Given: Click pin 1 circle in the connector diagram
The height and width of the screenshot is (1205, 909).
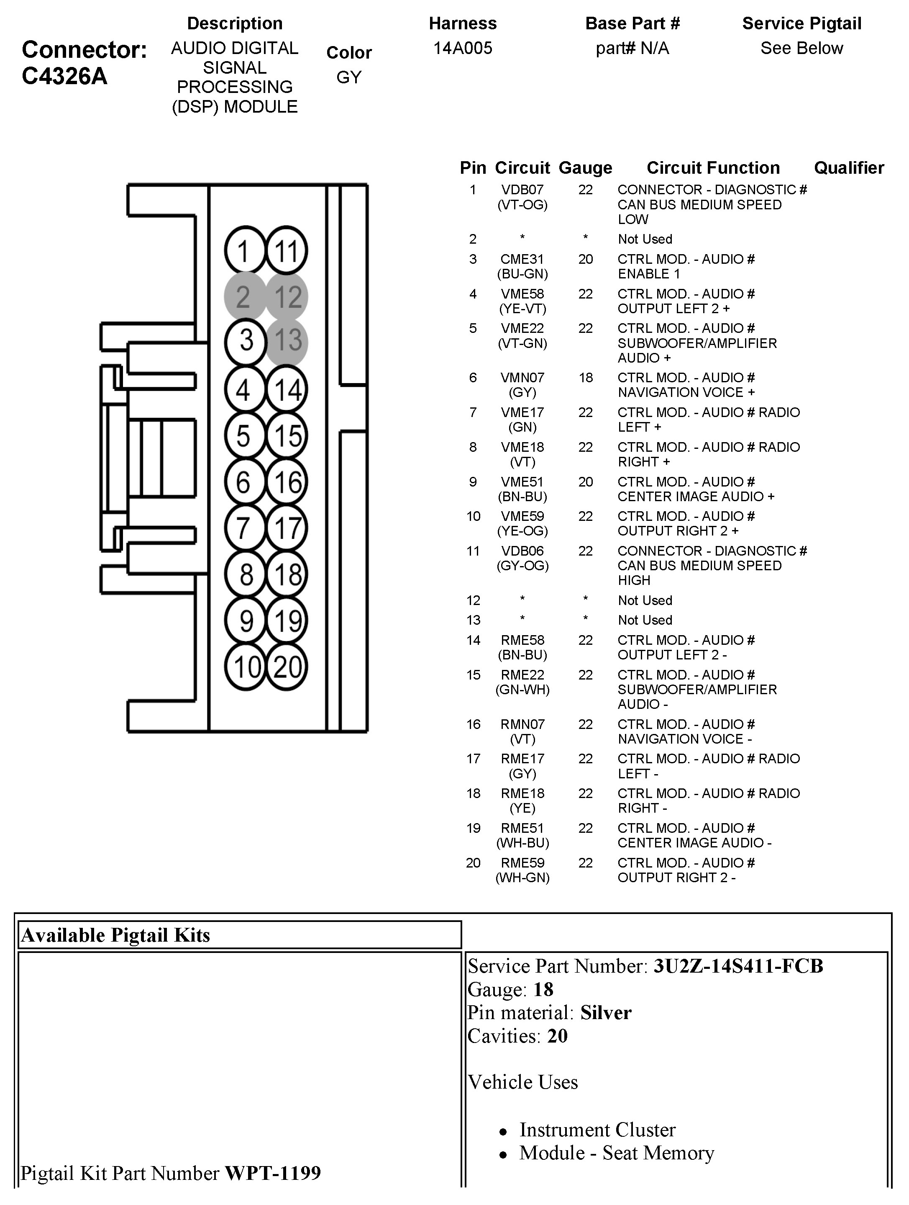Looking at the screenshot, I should coord(244,250).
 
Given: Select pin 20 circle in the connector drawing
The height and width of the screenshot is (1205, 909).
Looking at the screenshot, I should coord(287,666).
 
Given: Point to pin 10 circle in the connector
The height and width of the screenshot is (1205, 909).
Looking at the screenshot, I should coord(246,666).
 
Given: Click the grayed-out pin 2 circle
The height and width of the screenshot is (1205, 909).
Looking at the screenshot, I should coord(244,297).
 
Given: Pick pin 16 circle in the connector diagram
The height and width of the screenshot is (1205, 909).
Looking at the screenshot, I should coord(287,481).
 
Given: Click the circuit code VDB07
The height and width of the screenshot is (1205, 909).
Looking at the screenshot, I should coord(522,190).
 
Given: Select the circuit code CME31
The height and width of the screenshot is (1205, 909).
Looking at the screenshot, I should coord(522,259).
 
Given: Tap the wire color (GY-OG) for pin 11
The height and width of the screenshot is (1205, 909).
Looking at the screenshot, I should coord(522,566).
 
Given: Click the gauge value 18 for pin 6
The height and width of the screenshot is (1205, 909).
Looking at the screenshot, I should coord(585,378).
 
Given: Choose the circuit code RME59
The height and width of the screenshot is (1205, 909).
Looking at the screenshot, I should coord(522,863).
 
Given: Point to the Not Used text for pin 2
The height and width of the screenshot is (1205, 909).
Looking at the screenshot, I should coord(645,239).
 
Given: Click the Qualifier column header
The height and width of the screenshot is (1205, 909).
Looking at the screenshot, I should coord(849,168).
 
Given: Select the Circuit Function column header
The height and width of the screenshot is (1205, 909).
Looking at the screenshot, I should coord(713,168).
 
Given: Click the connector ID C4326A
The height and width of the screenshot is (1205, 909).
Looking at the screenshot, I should coord(64,76).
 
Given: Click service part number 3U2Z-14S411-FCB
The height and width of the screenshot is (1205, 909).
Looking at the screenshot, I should coord(738,966).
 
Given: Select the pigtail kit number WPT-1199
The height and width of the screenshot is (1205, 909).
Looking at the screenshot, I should coord(273,1172).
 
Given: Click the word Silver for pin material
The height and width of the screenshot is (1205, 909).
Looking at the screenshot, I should coord(606,1012).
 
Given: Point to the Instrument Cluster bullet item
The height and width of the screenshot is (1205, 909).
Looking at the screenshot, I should coord(597,1129).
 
